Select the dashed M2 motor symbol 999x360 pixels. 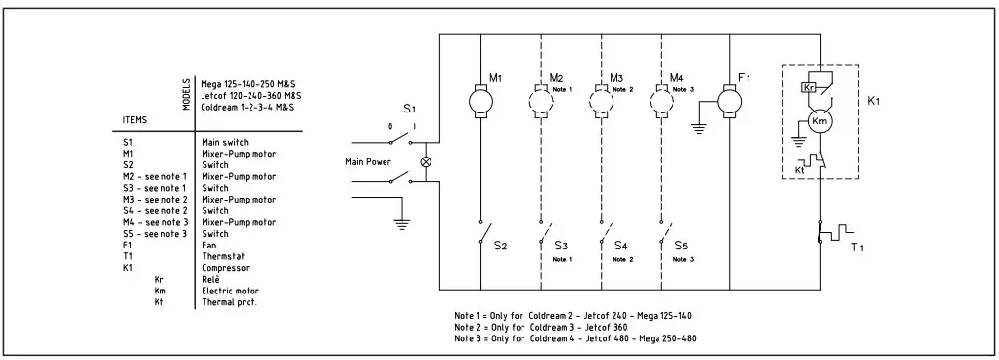[x=541, y=101]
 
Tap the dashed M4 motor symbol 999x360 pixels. [x=662, y=101]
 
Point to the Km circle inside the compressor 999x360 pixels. [x=820, y=121]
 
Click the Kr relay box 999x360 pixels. [x=809, y=87]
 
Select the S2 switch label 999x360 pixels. [x=499, y=246]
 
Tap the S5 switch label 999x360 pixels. [x=681, y=246]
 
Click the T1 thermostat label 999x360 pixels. [x=857, y=247]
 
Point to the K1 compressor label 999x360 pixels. [x=874, y=101]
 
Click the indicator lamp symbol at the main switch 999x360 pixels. [x=426, y=162]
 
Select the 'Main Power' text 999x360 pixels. [x=368, y=162]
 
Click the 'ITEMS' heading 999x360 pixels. [x=135, y=119]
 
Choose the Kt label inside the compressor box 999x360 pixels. [x=799, y=170]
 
